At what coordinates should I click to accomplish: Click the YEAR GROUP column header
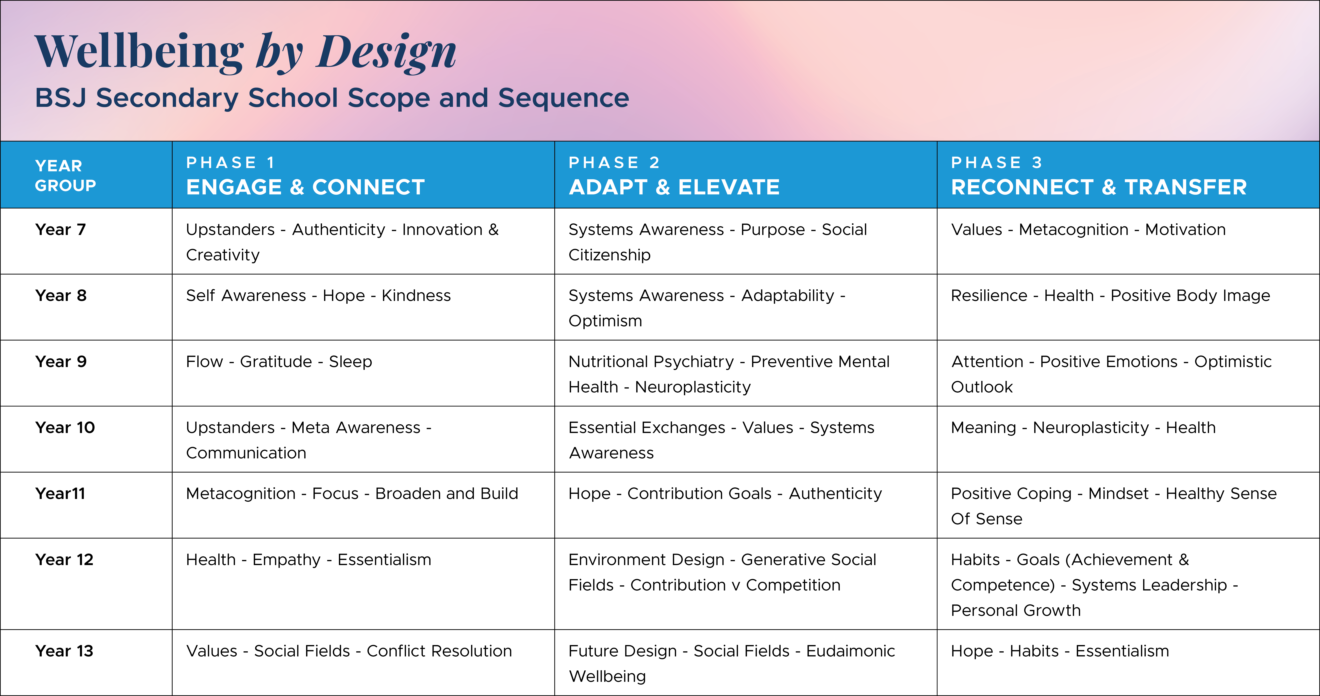coord(66,175)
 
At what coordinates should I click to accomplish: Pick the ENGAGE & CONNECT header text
coord(305,187)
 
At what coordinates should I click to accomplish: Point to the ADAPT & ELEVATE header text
coord(674,187)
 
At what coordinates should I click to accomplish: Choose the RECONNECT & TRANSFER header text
coord(1099,187)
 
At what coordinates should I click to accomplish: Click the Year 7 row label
coord(60,229)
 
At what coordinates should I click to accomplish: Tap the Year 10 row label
coord(65,428)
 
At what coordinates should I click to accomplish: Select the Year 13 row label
coord(65,651)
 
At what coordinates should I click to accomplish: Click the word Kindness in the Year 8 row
coord(416,295)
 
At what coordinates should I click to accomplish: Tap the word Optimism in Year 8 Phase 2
coord(605,321)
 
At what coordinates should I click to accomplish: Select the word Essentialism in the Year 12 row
coord(384,560)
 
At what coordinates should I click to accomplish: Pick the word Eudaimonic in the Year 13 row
coord(851,651)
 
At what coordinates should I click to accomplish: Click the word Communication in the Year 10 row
coord(246,453)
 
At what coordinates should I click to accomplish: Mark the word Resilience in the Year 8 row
coord(989,295)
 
